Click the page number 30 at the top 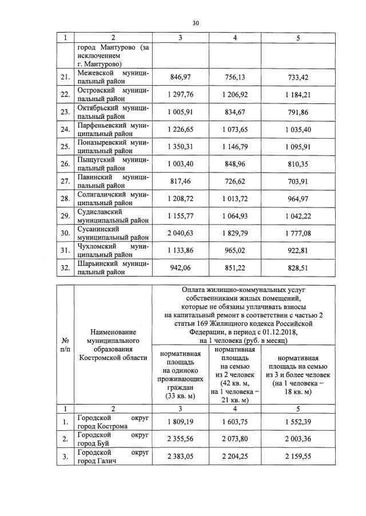coord(195,23)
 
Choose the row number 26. coord(65,164)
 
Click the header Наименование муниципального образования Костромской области coord(113,344)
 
